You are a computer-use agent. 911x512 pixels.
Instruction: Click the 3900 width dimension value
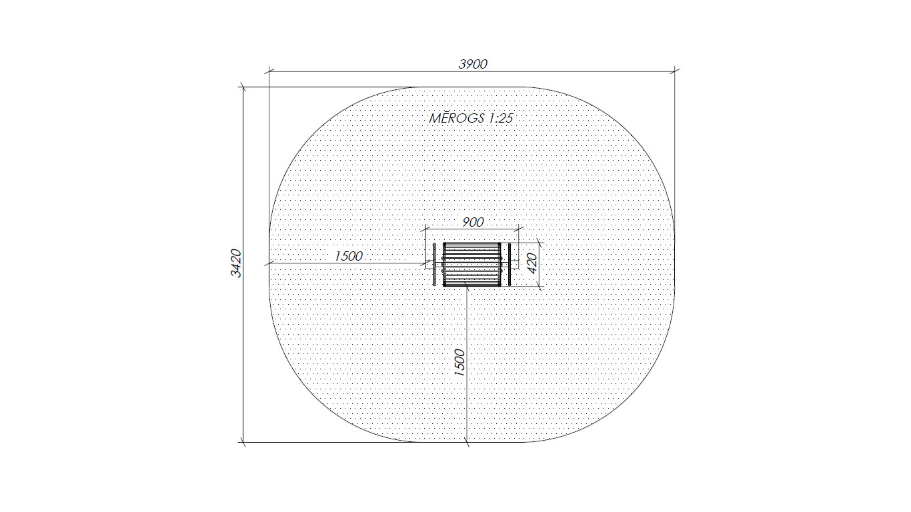(x=473, y=64)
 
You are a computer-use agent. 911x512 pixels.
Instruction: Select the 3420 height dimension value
(x=236, y=263)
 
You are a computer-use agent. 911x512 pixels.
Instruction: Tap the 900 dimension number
(x=473, y=222)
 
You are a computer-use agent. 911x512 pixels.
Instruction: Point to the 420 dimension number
(x=532, y=263)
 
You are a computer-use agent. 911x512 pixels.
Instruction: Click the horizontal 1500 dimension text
(x=349, y=256)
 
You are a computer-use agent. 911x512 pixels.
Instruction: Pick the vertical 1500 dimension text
(x=459, y=363)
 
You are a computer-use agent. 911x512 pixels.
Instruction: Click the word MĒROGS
(x=457, y=119)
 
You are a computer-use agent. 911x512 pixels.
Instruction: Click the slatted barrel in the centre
(x=472, y=265)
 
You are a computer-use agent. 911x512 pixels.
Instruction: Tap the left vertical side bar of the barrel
(x=434, y=265)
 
